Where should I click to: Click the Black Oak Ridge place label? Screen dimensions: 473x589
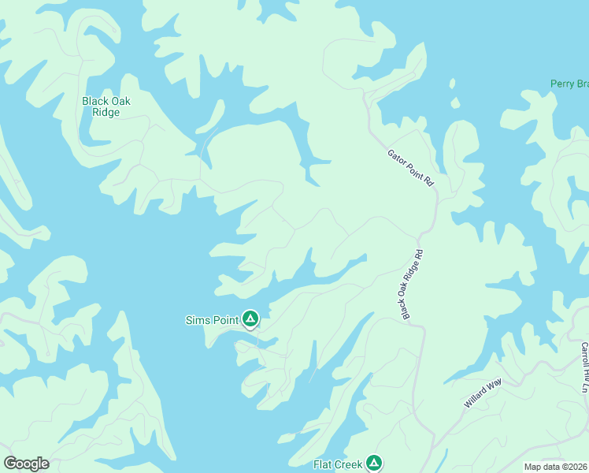point(106,106)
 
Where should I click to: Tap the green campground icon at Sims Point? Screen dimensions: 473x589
point(250,319)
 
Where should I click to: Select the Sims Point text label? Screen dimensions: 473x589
point(211,320)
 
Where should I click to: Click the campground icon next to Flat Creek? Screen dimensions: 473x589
point(374,464)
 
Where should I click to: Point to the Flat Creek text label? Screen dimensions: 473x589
point(338,464)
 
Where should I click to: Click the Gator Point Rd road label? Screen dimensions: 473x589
point(411,168)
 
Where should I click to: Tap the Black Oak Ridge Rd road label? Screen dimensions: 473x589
point(413,285)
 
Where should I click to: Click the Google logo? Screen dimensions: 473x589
point(27,464)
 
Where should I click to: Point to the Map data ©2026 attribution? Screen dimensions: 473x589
point(555,467)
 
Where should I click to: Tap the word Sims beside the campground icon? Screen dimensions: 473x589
point(197,320)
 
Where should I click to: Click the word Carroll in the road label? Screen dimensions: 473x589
point(584,354)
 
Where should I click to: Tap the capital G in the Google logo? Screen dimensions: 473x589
point(10,464)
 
